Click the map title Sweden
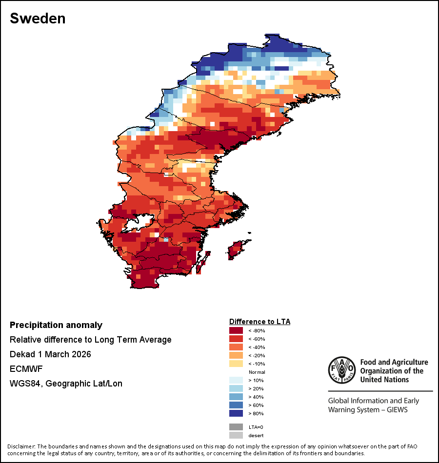[38, 19]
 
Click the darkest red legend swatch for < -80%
[236, 331]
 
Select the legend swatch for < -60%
[236, 339]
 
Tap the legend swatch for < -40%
[236, 347]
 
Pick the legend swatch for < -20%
[236, 356]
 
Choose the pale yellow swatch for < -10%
[236, 364]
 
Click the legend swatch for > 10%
[236, 381]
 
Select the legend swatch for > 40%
[236, 397]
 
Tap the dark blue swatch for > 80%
[236, 414]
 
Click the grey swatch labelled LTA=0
[236, 427]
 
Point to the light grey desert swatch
[236, 435]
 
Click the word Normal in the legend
[257, 372]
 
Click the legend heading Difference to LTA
[259, 322]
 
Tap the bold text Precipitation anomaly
[56, 325]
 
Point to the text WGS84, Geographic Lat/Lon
[66, 384]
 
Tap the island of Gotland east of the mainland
[237, 249]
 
